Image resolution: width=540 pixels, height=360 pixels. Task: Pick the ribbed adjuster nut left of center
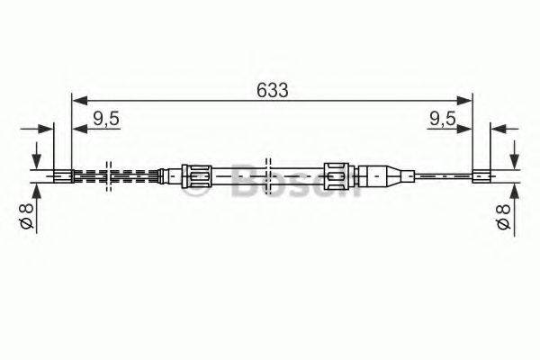coord(196,175)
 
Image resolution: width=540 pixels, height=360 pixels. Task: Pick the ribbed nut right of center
coord(335,175)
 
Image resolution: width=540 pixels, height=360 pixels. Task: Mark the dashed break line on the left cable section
coord(108,175)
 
